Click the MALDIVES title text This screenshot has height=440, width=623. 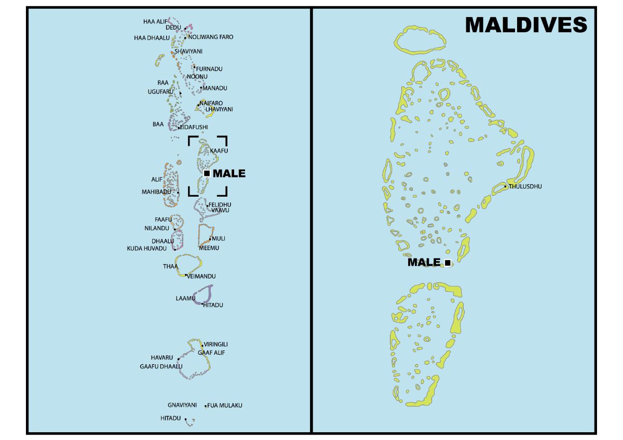coord(525,25)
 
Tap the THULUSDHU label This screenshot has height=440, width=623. coord(525,186)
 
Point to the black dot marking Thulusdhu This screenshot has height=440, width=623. coord(505,186)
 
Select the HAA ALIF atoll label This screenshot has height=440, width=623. coord(155,22)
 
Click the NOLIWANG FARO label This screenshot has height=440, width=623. coord(211,37)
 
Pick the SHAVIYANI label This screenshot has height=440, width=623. coord(188,51)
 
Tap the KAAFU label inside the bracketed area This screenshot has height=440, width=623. coord(219,150)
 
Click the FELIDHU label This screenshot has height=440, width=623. coord(220,205)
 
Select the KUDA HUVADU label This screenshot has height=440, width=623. coord(147,249)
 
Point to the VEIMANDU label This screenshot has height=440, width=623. coord(201,277)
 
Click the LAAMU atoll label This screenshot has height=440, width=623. coord(185,298)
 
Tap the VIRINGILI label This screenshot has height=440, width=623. coord(216,345)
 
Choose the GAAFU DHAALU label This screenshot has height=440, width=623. coord(161,366)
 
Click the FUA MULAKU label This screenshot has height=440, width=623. coord(225,405)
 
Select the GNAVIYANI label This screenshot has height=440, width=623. coord(182,405)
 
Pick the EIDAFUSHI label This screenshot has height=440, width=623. coord(194,127)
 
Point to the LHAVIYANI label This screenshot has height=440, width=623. coord(219,109)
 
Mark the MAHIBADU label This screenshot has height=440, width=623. coord(156,192)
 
